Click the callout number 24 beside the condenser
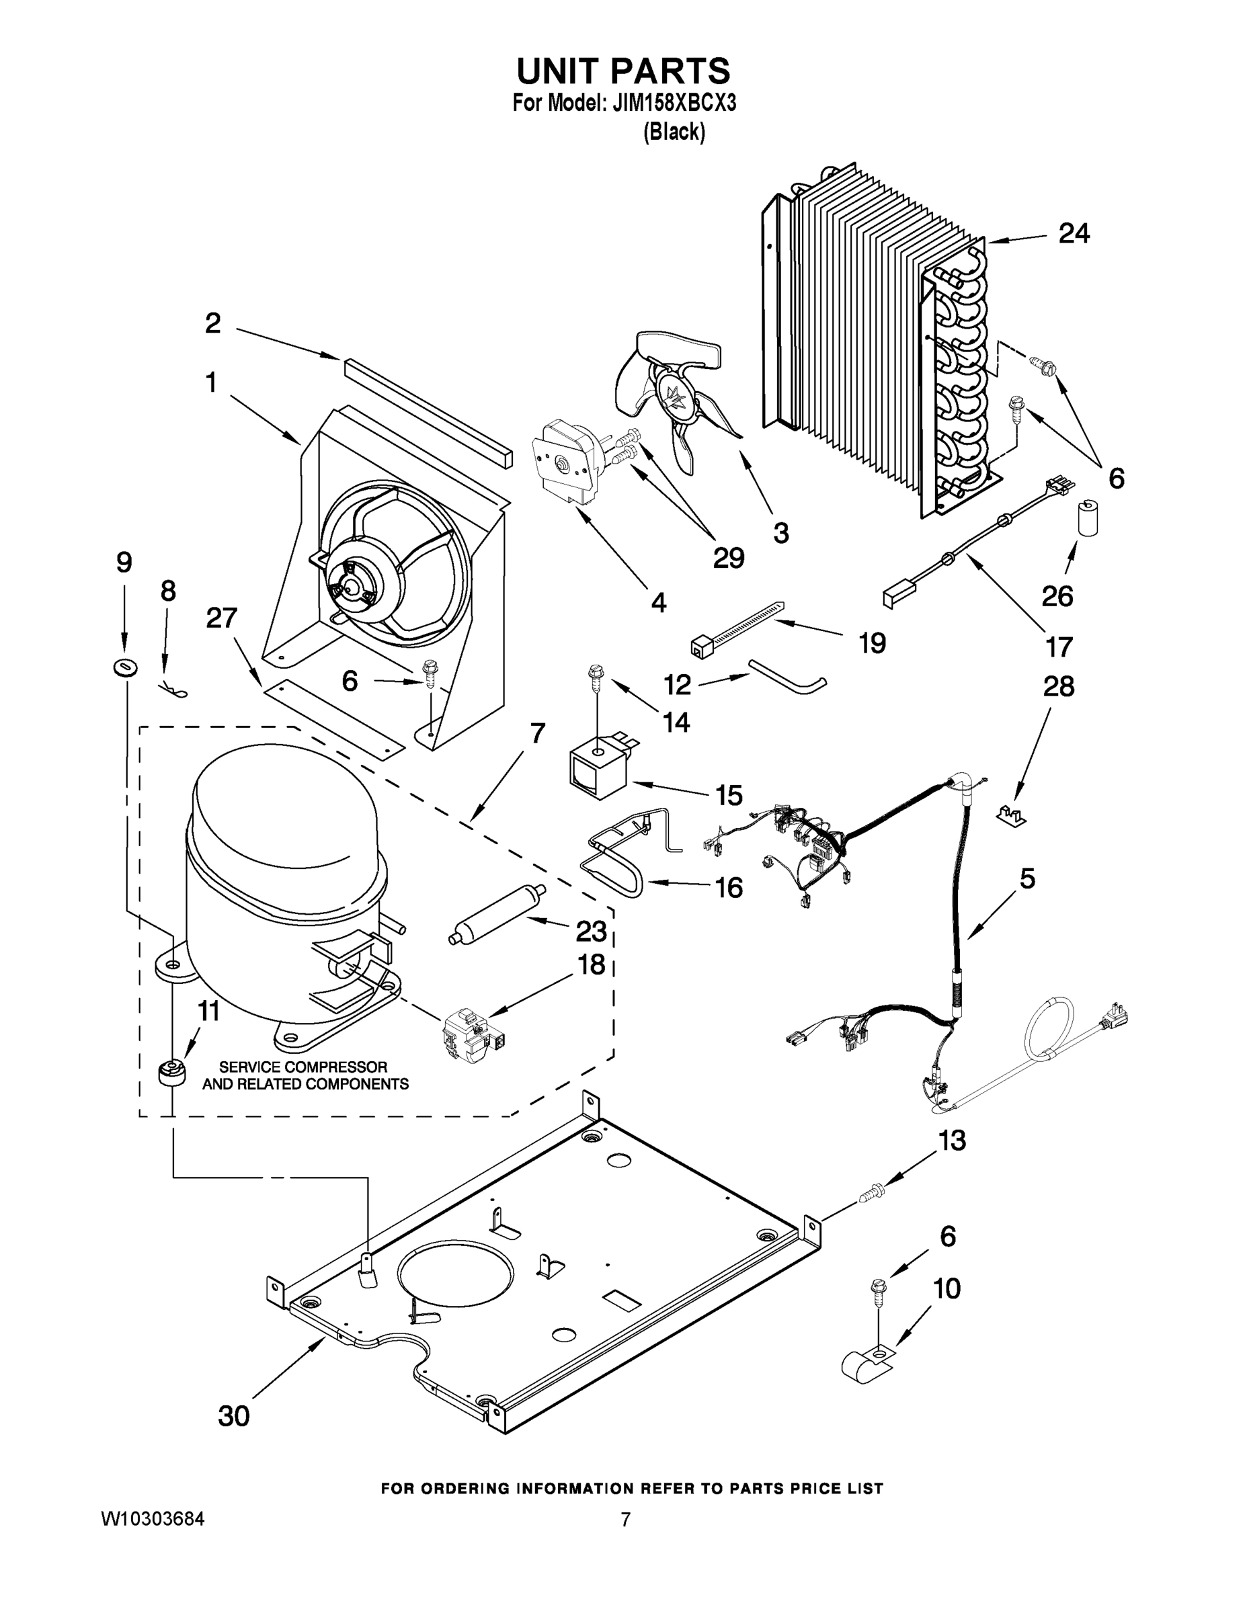1074,233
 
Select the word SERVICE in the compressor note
249,1067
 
